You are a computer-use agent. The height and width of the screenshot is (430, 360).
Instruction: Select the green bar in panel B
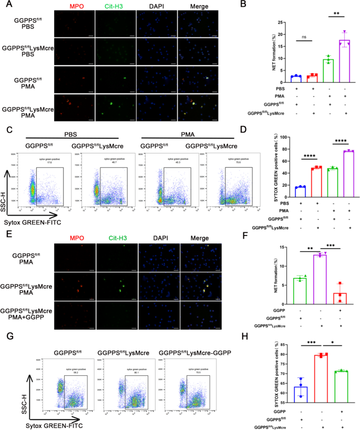pyautogui.click(x=328, y=70)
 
